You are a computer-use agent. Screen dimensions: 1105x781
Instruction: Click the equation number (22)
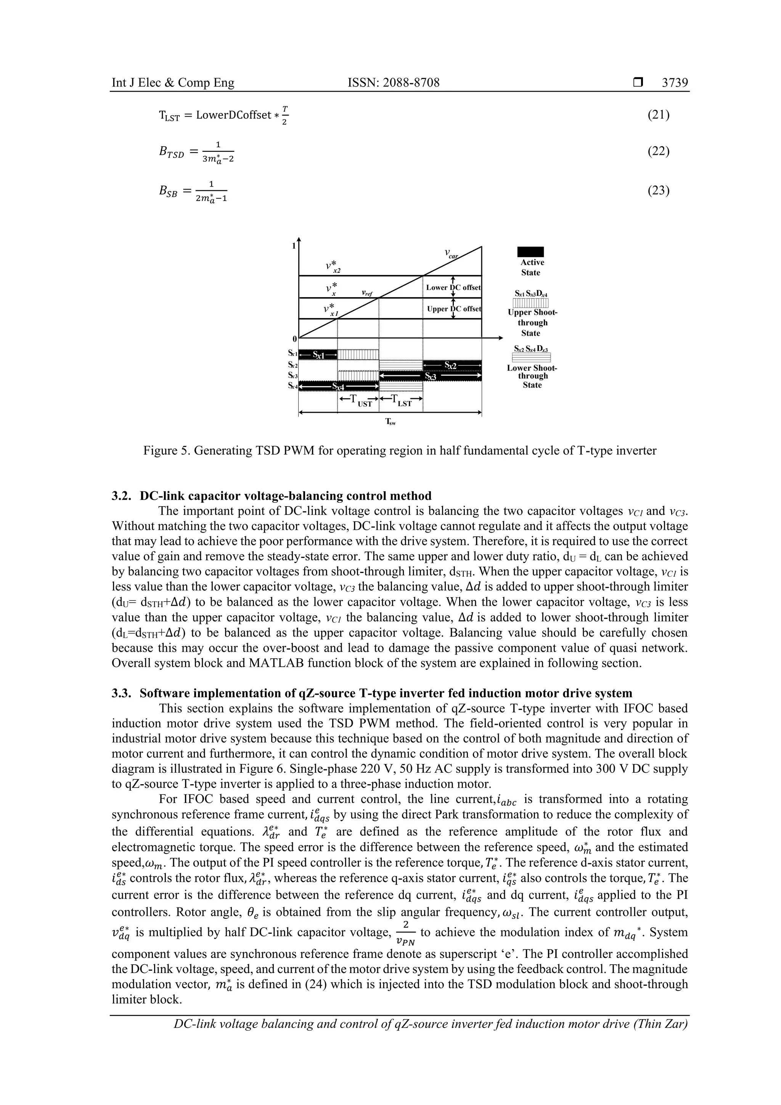658,151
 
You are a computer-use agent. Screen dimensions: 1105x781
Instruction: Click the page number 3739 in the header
675,83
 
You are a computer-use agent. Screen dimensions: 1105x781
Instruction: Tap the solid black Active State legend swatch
530,252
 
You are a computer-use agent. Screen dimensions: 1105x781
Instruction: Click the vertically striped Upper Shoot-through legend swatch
531,303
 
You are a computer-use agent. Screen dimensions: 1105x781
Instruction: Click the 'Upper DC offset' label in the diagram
453,309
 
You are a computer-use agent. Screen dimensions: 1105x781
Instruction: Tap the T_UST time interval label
358,401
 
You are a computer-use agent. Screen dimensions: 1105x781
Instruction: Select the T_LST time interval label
401,401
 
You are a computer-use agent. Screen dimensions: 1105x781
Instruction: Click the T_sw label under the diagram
390,422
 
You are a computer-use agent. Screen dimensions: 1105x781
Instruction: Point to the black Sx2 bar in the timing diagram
452,366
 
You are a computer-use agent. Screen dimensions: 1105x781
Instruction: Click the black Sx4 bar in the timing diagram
339,386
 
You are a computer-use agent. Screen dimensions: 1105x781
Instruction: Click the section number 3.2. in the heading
123,496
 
